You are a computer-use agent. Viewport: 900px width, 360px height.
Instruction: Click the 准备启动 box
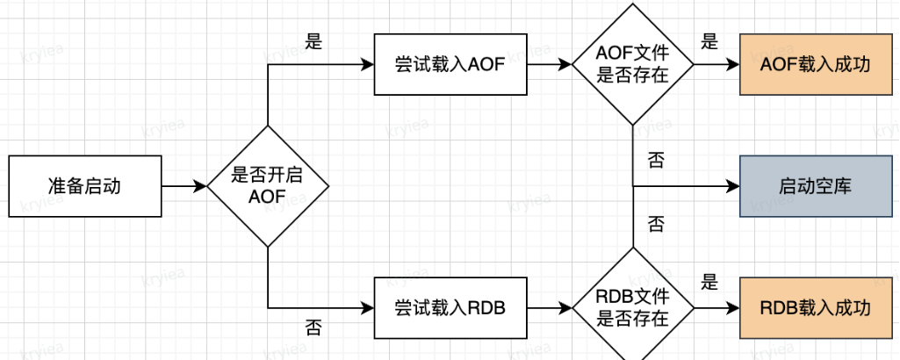click(x=85, y=186)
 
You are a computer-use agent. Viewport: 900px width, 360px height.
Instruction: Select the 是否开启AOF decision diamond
click(x=267, y=186)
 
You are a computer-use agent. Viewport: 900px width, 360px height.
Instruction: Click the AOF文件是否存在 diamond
click(x=632, y=65)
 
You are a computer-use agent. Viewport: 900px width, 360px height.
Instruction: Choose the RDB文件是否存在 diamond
click(x=632, y=308)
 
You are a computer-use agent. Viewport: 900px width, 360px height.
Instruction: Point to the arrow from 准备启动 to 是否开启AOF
click(x=184, y=186)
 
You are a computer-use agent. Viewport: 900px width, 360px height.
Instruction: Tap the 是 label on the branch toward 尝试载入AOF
click(x=313, y=42)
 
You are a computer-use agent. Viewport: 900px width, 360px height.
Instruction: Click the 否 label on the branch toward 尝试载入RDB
click(x=313, y=328)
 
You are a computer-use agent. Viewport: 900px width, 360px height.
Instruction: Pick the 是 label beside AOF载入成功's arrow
click(x=709, y=41)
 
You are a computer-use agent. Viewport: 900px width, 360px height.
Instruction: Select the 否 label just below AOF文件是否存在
click(x=655, y=159)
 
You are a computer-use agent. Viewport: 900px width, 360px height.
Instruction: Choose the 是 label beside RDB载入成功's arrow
click(x=709, y=284)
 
